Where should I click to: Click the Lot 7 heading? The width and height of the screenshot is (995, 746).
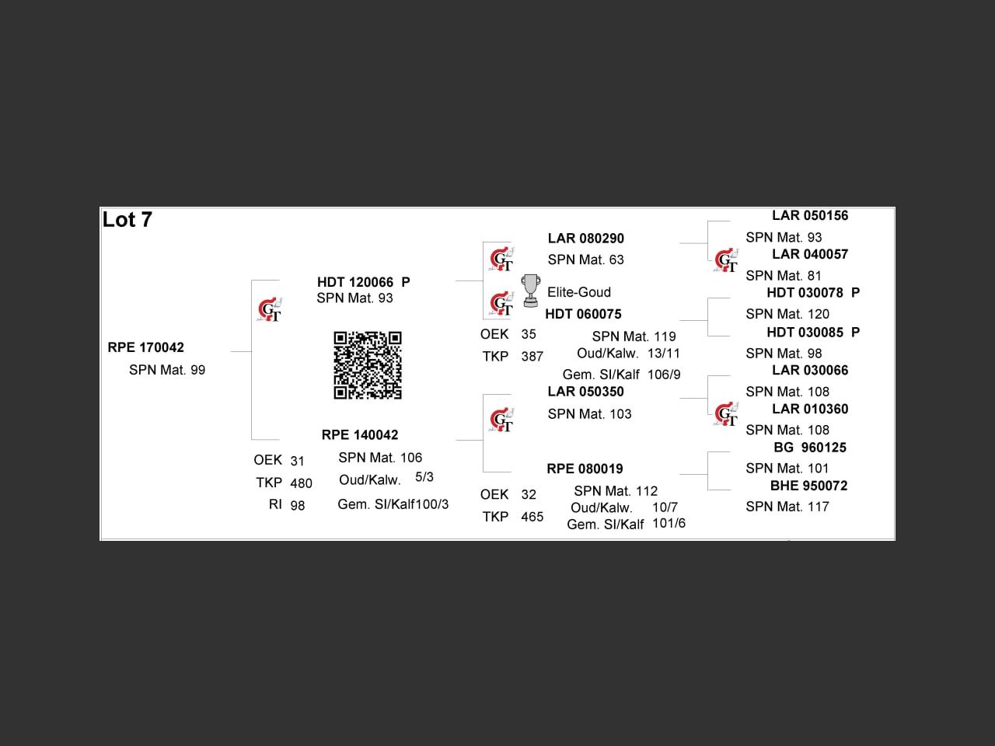(127, 220)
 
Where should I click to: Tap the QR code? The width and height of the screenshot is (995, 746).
(368, 365)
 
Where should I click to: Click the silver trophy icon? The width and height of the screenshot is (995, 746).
(530, 291)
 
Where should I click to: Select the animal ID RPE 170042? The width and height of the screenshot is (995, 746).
(145, 347)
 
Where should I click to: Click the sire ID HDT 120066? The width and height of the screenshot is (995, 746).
(355, 282)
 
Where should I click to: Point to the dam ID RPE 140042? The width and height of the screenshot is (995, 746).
(360, 435)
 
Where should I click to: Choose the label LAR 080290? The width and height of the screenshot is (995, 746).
(585, 239)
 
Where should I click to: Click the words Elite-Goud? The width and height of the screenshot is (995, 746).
(579, 292)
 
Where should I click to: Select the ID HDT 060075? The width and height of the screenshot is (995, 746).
(584, 314)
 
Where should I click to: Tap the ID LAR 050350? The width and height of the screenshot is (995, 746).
(585, 392)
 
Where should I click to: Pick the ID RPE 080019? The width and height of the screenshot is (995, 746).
(585, 469)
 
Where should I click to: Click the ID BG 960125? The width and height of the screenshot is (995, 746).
(810, 448)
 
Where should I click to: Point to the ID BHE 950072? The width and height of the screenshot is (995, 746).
(808, 486)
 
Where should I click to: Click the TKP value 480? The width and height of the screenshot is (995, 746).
(301, 483)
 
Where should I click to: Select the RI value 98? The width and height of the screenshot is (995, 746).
(298, 505)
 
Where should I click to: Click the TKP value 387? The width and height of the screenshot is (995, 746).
(532, 357)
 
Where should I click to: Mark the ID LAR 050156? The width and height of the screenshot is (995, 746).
(810, 215)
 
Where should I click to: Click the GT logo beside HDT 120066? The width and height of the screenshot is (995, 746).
(270, 309)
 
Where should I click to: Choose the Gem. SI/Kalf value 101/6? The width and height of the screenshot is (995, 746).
(669, 524)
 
